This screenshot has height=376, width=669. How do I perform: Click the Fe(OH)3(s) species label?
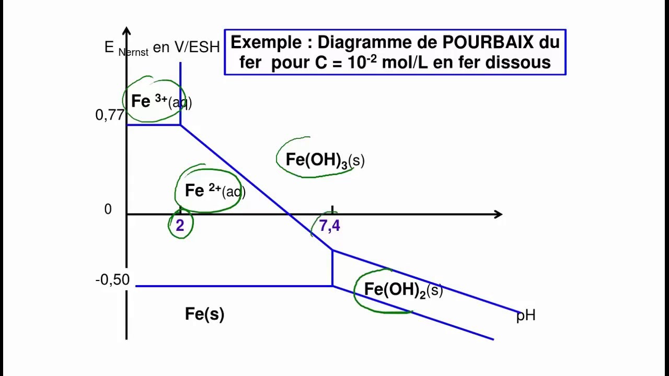pyautogui.click(x=325, y=160)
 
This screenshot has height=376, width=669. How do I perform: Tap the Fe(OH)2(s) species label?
pyautogui.click(x=403, y=290)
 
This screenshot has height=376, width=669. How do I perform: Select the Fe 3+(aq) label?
pyautogui.click(x=161, y=101)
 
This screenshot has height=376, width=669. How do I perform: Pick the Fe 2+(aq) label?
pyautogui.click(x=215, y=191)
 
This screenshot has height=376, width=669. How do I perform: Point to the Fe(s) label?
pyautogui.click(x=204, y=314)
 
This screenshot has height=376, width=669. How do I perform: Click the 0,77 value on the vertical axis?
pyautogui.click(x=110, y=115)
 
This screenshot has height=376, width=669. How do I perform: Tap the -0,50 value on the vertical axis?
pyautogui.click(x=112, y=280)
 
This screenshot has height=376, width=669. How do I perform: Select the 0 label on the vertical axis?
pyautogui.click(x=108, y=209)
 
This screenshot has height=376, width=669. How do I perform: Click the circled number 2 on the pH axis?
pyautogui.click(x=180, y=226)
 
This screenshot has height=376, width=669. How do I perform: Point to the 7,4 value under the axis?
pyautogui.click(x=329, y=226)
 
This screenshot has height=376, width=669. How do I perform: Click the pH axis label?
pyautogui.click(x=526, y=315)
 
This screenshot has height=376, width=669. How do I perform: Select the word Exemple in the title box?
pyautogui.click(x=266, y=42)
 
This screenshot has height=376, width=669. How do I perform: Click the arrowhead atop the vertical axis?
pyautogui.click(x=126, y=31)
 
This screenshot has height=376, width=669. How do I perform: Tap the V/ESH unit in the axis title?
pyautogui.click(x=197, y=48)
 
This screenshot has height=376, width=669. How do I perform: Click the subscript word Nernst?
pyautogui.click(x=133, y=52)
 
